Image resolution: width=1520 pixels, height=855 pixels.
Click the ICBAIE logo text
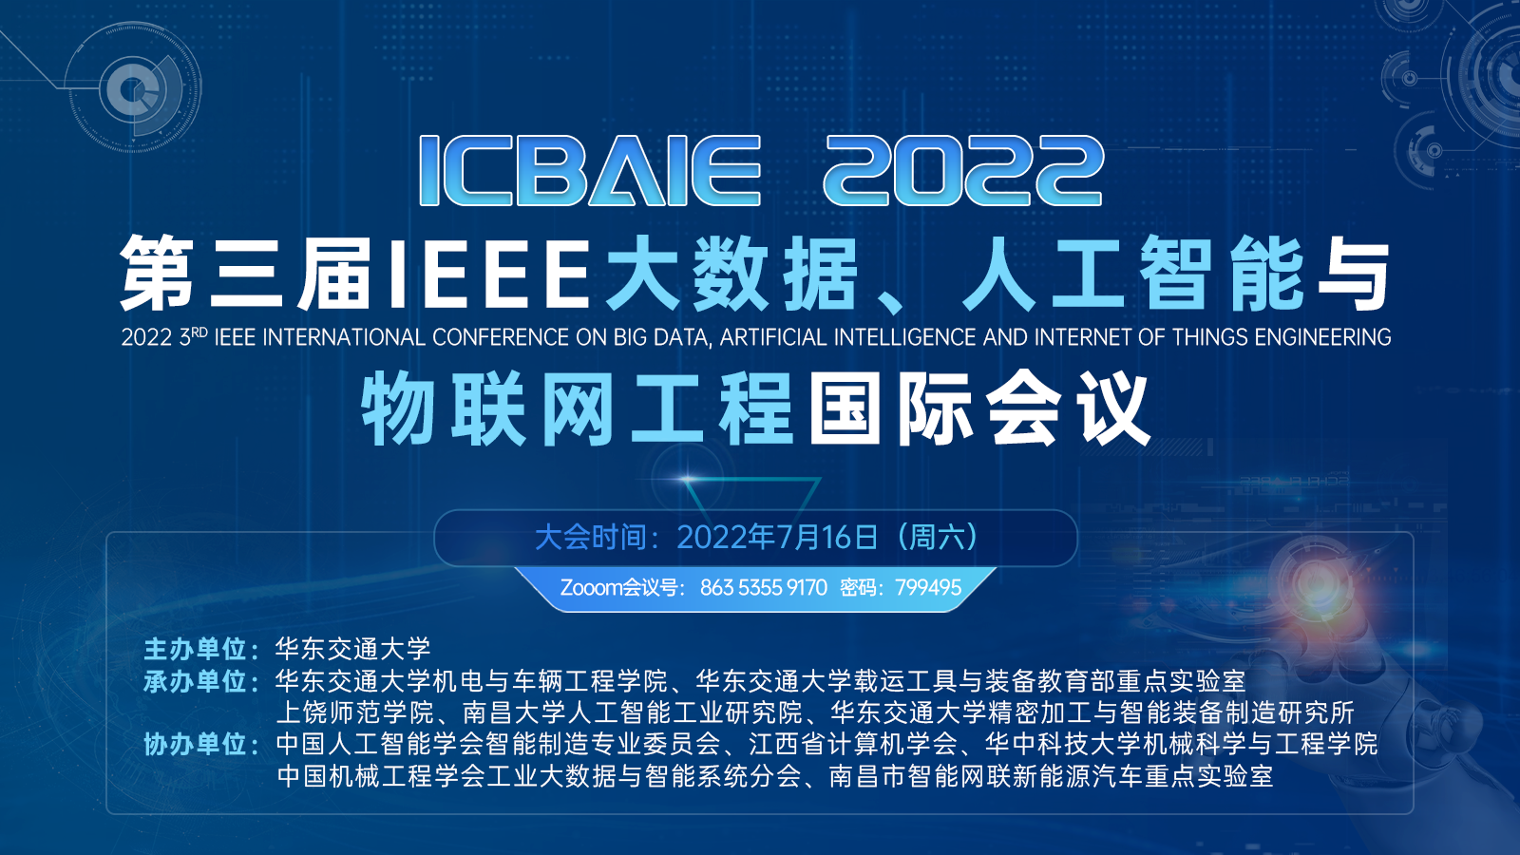pyautogui.click(x=590, y=170)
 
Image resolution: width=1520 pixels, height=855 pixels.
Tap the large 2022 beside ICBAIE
pyautogui.click(x=963, y=170)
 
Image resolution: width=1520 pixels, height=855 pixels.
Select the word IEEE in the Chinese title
pyautogui.click(x=487, y=274)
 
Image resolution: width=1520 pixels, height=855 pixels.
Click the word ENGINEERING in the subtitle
pyautogui.click(x=1322, y=337)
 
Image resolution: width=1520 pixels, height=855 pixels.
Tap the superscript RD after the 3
pyautogui.click(x=199, y=332)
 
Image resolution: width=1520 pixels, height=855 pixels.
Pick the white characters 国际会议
pyautogui.click(x=979, y=409)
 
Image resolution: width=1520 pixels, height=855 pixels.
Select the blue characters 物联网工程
pyautogui.click(x=577, y=409)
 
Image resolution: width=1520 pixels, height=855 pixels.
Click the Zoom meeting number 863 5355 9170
pyautogui.click(x=764, y=587)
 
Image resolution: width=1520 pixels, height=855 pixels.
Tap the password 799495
pyautogui.click(x=928, y=587)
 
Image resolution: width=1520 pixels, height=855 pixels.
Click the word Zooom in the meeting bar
pyautogui.click(x=591, y=587)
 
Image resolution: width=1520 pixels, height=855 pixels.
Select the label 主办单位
pyautogui.click(x=195, y=650)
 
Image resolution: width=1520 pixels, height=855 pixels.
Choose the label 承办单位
pyautogui.click(x=195, y=681)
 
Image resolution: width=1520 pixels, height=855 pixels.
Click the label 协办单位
pyautogui.click(x=195, y=745)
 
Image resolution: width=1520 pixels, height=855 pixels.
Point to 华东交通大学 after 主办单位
pyautogui.click(x=352, y=650)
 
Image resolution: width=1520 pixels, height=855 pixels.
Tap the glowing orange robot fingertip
pyautogui.click(x=1313, y=580)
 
